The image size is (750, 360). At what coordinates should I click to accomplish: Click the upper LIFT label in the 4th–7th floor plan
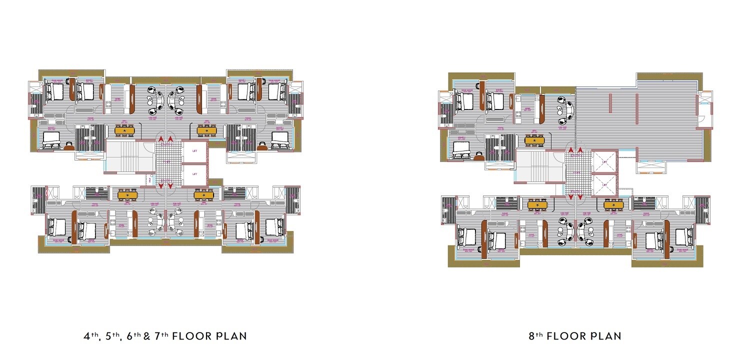(x=194, y=152)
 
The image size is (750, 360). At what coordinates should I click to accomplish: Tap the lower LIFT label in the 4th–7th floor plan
(x=194, y=174)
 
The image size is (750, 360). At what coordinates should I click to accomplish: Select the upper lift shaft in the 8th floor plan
(x=604, y=162)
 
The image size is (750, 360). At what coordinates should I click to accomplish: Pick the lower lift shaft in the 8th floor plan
(x=604, y=184)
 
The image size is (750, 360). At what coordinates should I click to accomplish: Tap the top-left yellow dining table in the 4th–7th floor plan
(x=124, y=130)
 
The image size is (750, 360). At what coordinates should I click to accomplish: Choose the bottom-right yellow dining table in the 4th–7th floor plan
(x=203, y=194)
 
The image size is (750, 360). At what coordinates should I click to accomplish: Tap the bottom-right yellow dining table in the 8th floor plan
(x=613, y=204)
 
